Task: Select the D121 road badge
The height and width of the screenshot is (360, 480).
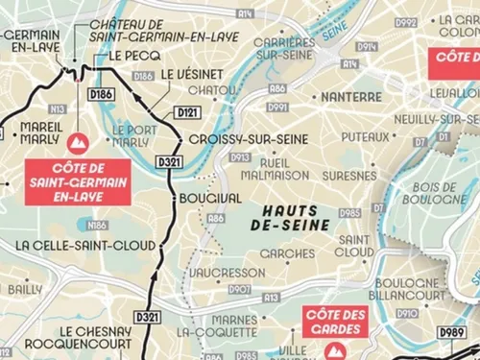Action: click(x=186, y=113)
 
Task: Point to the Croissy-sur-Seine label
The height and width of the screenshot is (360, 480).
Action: click(x=235, y=138)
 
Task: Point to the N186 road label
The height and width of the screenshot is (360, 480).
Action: click(x=96, y=226)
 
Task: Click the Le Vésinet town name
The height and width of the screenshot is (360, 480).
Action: click(x=193, y=74)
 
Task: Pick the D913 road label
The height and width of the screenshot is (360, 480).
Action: click(x=240, y=156)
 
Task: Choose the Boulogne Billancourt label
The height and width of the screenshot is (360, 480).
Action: click(x=408, y=290)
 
